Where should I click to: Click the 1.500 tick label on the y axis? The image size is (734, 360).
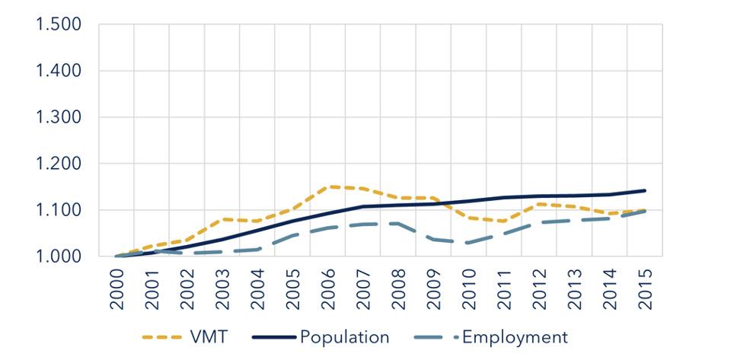(x=59, y=25)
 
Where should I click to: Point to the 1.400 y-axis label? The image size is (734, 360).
(x=59, y=72)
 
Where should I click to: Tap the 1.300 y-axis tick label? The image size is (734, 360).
(x=59, y=118)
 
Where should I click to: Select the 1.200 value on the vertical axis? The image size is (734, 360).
(x=59, y=164)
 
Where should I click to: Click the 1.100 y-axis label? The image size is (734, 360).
(x=59, y=211)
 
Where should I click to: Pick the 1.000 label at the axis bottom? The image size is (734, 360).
(x=59, y=257)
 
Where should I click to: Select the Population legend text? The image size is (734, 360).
(x=344, y=337)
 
